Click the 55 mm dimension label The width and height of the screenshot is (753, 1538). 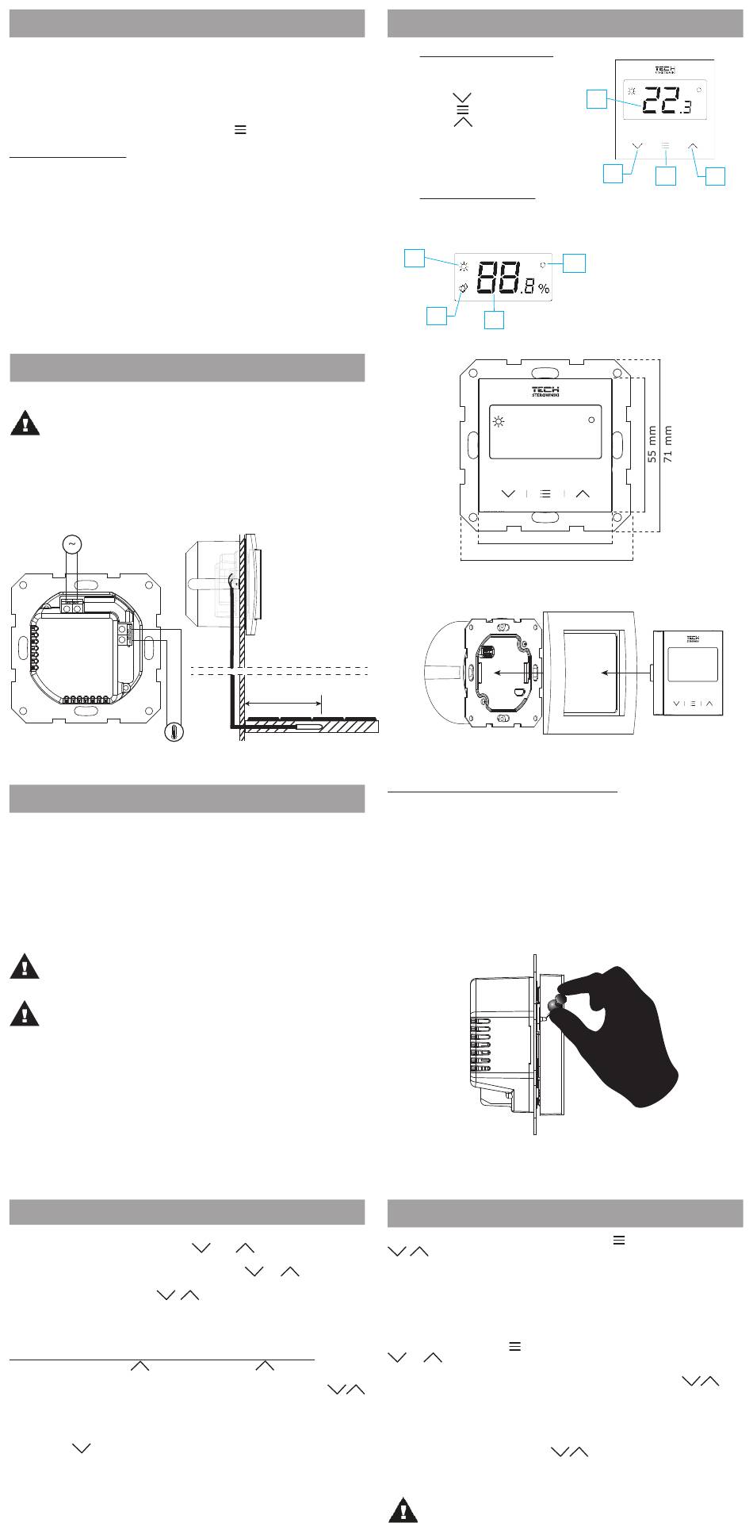pyautogui.click(x=652, y=445)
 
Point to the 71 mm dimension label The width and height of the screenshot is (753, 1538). pyautogui.click(x=667, y=445)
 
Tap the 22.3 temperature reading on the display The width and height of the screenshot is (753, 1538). pyautogui.click(x=664, y=100)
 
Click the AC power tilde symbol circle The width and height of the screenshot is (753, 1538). pyautogui.click(x=71, y=544)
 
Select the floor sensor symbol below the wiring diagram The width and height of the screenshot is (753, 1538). pyautogui.click(x=174, y=732)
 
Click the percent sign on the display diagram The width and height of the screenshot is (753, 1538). pyautogui.click(x=544, y=290)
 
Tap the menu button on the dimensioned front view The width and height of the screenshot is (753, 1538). pyautogui.click(x=545, y=493)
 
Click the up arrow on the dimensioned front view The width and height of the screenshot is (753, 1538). pyautogui.click(x=583, y=493)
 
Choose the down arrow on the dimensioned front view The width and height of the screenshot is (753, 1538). pyautogui.click(x=508, y=493)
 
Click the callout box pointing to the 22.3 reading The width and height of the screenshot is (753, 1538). pyautogui.click(x=596, y=99)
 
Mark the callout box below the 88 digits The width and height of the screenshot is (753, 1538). pyautogui.click(x=495, y=320)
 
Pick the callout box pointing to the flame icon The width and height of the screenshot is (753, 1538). pyautogui.click(x=436, y=316)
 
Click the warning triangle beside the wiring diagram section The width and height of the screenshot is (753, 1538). pyautogui.click(x=25, y=424)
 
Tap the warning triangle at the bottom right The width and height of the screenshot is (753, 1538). pyautogui.click(x=403, y=1509)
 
